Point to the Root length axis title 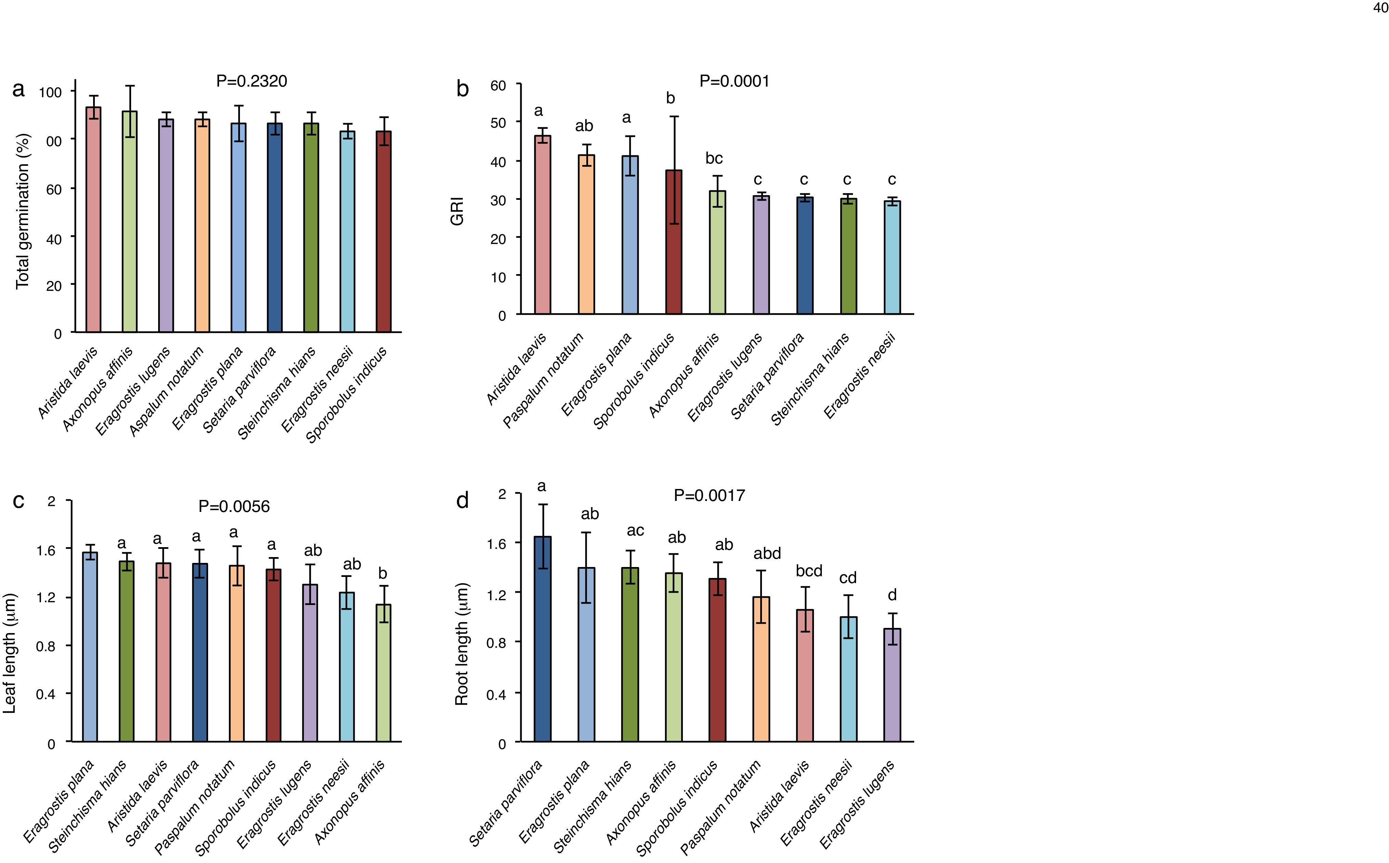point(462,644)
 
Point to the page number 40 point(1380,8)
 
